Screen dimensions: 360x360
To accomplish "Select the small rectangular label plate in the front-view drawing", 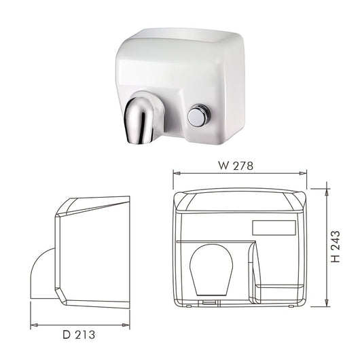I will click(x=274, y=228).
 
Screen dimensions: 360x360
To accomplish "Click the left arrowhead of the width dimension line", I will click(x=176, y=174).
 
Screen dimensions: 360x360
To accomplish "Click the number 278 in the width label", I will click(x=242, y=165).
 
